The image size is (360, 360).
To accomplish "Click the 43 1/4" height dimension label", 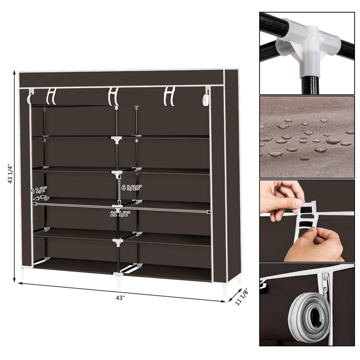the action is point(10,174).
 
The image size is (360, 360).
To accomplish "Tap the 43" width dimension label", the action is point(120,298).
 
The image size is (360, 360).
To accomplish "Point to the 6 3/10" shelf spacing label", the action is point(131,188).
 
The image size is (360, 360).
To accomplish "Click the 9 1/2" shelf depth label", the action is point(39,190).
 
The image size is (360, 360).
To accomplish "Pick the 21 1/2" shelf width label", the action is point(120,214).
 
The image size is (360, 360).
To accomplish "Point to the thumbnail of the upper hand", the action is point(299,203).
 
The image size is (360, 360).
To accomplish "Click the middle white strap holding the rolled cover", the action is point(113,96).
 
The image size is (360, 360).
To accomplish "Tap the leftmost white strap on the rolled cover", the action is point(51,96).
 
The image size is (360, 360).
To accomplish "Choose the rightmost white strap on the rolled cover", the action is point(169,96).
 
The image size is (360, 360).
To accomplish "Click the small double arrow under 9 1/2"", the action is point(40,197).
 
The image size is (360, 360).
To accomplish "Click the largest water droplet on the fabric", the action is point(333,141).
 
